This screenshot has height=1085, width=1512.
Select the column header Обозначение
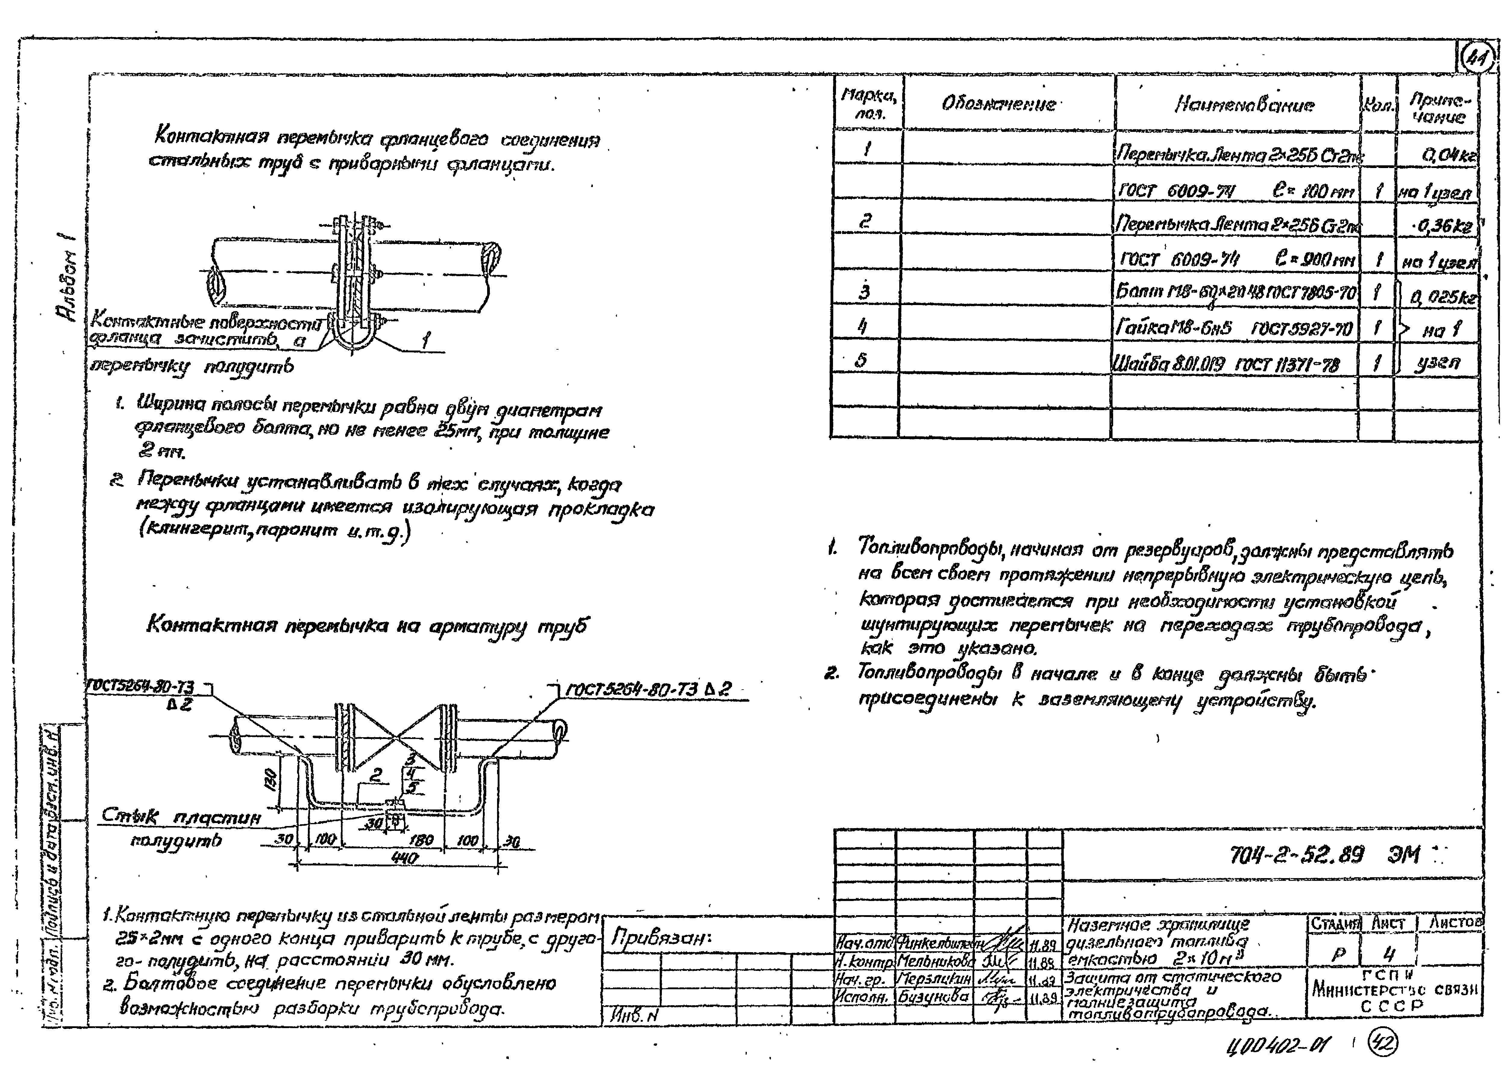pos(999,104)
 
